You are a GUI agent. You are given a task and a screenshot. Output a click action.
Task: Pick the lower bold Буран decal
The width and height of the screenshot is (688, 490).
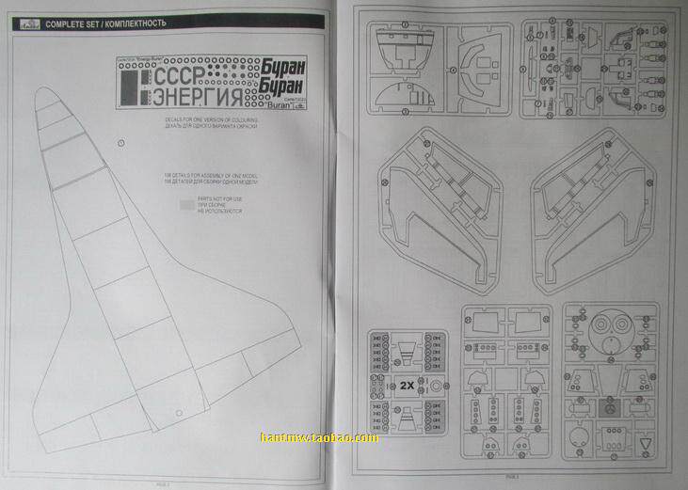coord(283,89)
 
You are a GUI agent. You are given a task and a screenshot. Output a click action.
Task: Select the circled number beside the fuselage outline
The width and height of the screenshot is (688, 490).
coord(122,142)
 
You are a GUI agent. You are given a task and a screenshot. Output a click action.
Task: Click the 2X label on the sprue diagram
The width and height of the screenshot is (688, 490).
coord(407,385)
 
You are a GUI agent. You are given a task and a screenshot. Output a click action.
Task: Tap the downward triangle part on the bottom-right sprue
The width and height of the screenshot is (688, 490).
coord(646,442)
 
